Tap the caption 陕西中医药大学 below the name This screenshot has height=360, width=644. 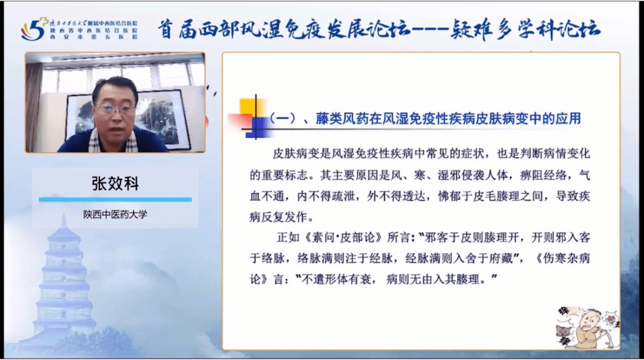tap(115, 215)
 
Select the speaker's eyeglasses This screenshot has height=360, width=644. tap(115, 110)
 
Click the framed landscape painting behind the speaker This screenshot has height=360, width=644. tap(161, 116)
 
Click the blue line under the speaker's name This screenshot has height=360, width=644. tap(115, 199)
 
